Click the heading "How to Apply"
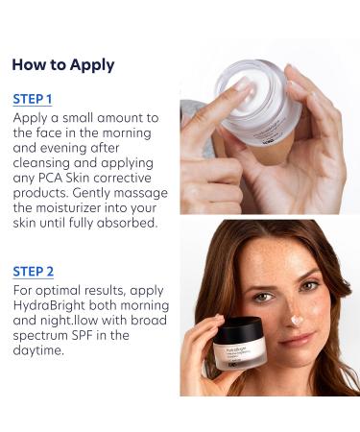[x=62, y=65]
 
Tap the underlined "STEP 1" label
[x=33, y=99]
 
